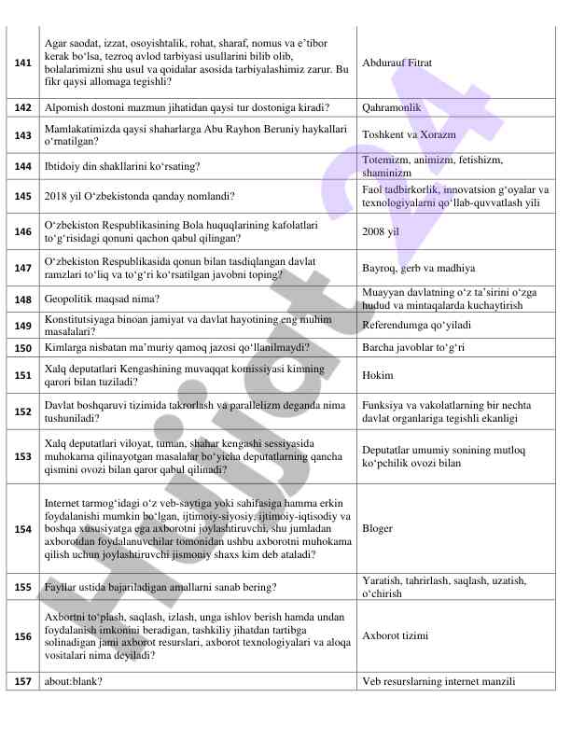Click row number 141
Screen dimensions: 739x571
22,62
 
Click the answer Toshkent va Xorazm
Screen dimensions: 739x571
409,134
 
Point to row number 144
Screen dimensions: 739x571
22,166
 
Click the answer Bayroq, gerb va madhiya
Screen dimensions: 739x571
418,268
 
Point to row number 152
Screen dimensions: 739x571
22,411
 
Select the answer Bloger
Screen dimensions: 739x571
378,527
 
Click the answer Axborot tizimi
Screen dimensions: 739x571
396,635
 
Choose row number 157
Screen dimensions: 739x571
22,682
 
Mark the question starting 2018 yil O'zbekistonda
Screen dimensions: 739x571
140,197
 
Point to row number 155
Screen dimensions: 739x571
22,587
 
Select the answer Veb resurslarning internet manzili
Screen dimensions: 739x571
439,682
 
